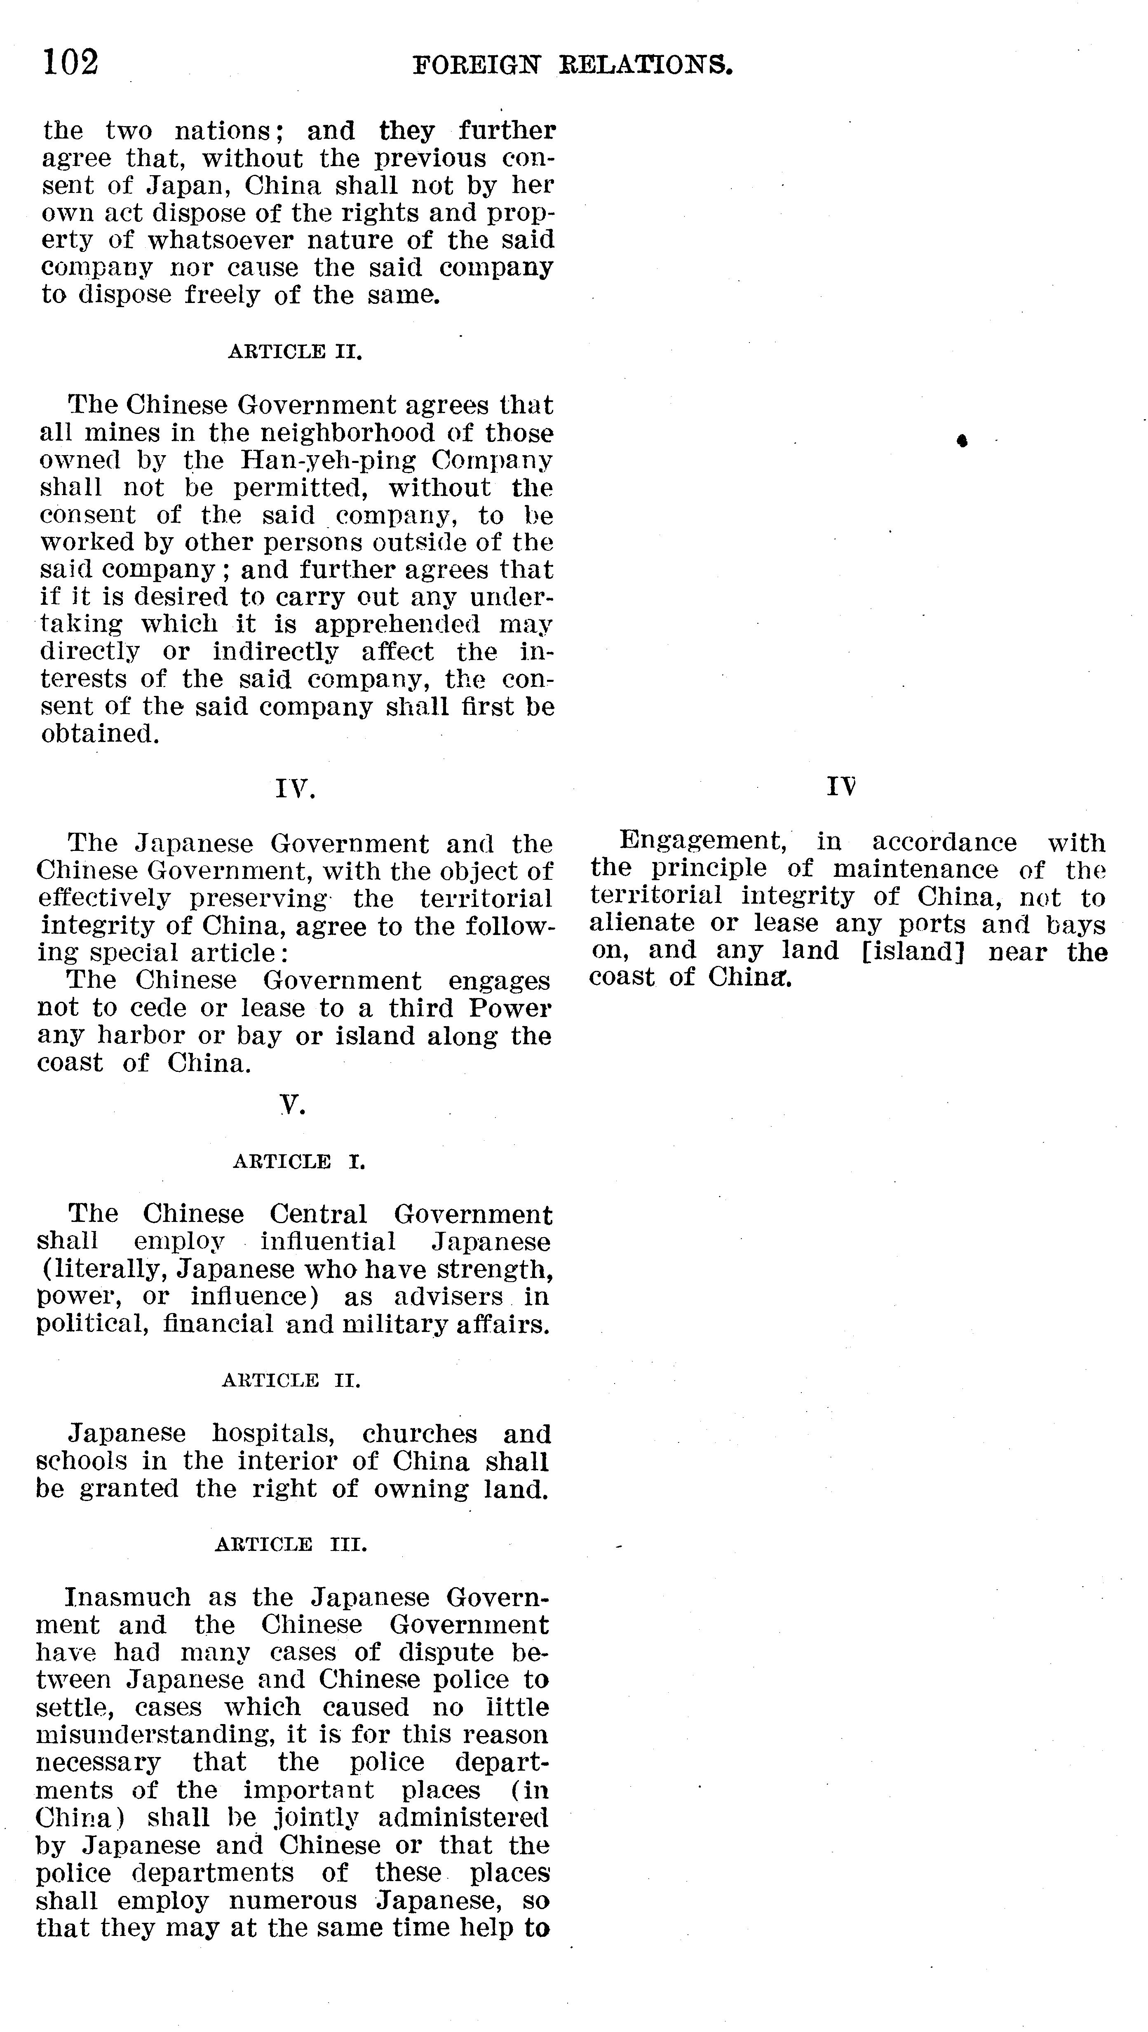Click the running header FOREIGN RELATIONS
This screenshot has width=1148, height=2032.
(x=573, y=65)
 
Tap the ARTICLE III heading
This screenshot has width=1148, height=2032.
(x=291, y=1544)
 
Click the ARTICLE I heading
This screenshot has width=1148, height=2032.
(x=299, y=1161)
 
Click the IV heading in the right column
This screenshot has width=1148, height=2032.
(x=841, y=787)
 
